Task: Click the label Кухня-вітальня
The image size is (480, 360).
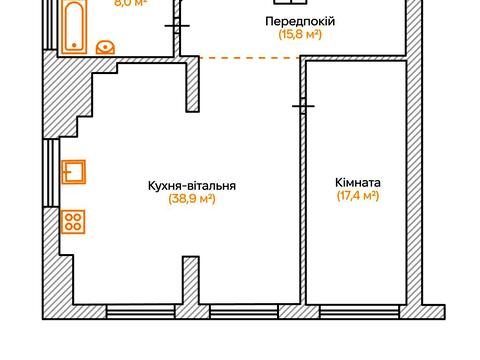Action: [193, 185]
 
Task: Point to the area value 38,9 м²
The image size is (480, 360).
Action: [193, 199]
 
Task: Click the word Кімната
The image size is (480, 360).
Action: [358, 183]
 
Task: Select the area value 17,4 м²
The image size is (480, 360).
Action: [358, 197]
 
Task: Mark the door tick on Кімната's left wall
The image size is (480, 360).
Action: [304, 105]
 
